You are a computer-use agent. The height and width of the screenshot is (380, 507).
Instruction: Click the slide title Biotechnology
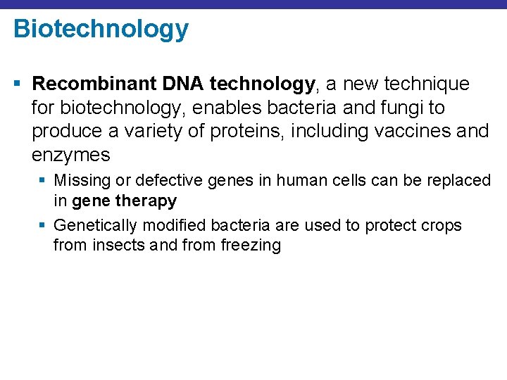[101, 30]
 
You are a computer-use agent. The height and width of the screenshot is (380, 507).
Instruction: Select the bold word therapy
[146, 201]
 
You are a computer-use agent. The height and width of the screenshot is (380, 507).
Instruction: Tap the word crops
[442, 226]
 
